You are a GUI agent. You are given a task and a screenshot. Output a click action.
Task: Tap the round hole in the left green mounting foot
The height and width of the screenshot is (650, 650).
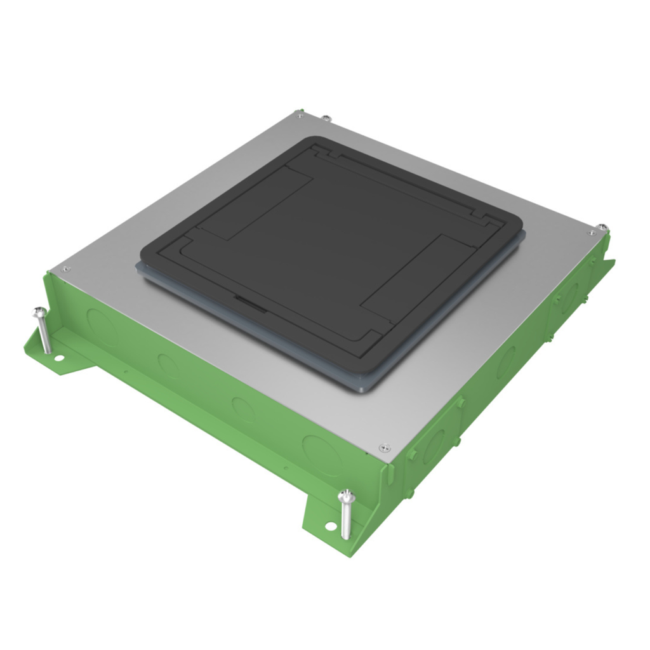[58, 359]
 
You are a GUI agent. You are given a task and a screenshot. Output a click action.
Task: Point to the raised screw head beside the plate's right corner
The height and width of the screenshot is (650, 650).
[602, 227]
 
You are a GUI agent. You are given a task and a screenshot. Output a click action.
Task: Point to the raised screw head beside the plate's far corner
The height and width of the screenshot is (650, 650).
[326, 117]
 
